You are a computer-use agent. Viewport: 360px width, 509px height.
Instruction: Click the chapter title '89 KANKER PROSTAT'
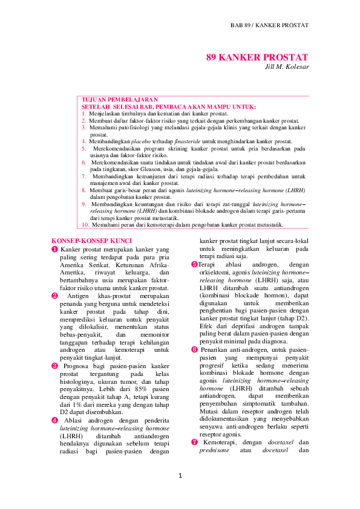[257, 57]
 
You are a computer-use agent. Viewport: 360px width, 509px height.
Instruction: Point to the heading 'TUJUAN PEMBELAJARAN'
[111, 99]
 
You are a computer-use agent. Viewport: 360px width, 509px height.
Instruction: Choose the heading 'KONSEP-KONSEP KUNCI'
[83, 241]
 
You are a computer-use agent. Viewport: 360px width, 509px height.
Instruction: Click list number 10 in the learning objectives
[85, 224]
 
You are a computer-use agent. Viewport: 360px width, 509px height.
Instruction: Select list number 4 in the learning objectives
[84, 140]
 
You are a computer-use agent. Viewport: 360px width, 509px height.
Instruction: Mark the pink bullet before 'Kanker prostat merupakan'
[55, 249]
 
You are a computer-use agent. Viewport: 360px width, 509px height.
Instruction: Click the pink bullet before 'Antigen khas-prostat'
[55, 296]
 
